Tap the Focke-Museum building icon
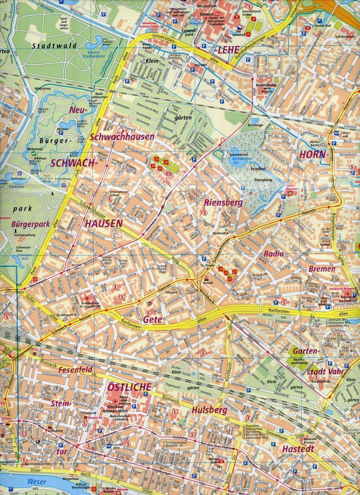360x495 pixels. (x=290, y=193)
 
